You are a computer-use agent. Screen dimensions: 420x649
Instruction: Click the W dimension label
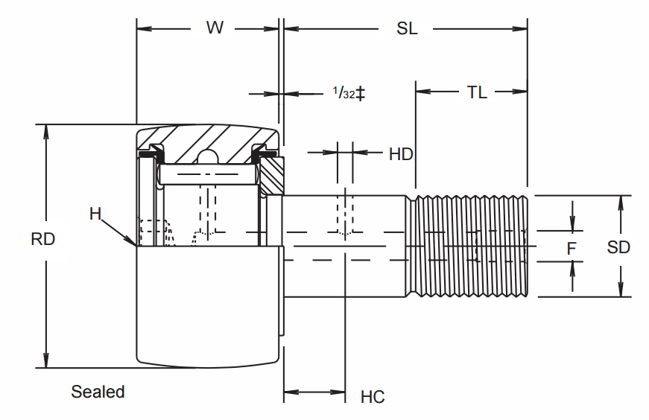click(215, 28)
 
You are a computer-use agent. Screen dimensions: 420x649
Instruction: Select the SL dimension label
click(407, 28)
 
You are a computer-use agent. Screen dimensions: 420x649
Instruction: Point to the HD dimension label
click(401, 154)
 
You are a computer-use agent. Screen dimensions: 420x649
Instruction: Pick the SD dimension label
click(618, 247)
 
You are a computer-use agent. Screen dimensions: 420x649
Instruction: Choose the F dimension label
click(572, 248)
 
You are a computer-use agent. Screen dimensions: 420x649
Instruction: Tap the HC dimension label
click(373, 397)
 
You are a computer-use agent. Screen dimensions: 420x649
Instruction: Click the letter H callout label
click(95, 214)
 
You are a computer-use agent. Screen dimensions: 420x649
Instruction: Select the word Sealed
click(98, 392)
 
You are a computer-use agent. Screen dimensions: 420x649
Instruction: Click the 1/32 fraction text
click(344, 93)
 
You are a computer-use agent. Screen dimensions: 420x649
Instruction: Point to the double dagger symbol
click(361, 93)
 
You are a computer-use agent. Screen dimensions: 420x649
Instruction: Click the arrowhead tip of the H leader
click(135, 244)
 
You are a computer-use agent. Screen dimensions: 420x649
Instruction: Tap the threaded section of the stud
click(469, 246)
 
